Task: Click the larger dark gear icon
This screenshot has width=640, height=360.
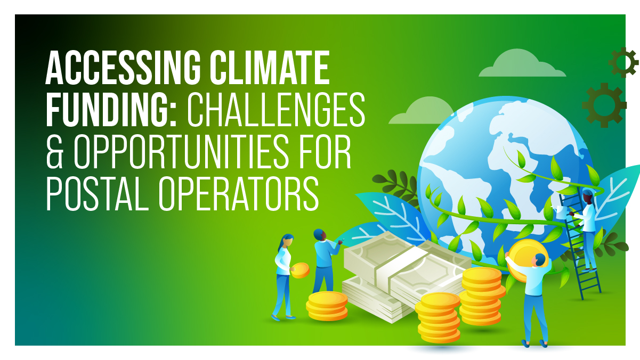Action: point(604,104)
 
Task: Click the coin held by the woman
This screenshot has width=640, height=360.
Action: point(300,270)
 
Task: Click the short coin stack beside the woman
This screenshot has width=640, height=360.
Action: point(327,306)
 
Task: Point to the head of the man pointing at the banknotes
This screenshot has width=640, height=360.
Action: point(320,235)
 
